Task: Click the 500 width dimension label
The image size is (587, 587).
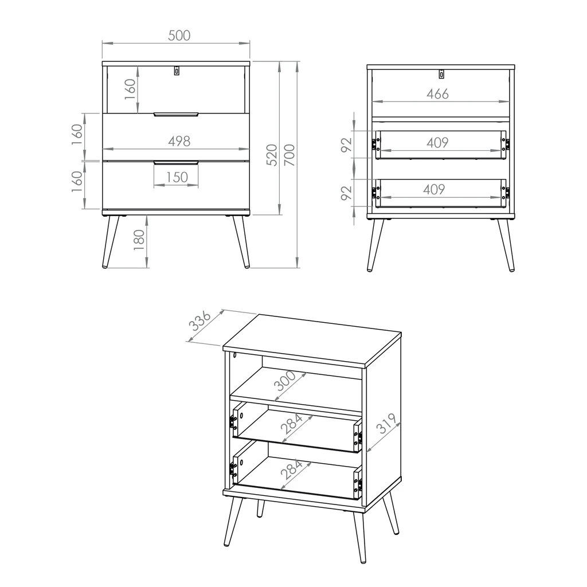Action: (179, 36)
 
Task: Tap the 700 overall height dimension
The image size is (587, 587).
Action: (289, 155)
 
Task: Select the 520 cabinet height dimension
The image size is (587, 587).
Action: (272, 155)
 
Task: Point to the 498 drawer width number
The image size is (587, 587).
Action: (179, 141)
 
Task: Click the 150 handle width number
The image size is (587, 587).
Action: (177, 177)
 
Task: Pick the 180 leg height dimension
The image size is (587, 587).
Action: (139, 240)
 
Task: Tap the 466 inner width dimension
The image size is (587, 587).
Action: (437, 94)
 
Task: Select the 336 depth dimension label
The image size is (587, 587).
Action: (201, 321)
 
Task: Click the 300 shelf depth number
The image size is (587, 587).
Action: (285, 381)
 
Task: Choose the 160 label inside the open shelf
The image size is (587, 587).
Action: (130, 89)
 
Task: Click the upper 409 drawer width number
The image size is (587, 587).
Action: (437, 143)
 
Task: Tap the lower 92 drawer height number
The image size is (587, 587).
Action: (347, 193)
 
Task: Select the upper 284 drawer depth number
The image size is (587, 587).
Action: (292, 424)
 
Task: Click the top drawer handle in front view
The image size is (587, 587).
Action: (176, 114)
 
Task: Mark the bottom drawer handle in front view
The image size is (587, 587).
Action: (176, 162)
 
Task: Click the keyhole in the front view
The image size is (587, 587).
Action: (177, 71)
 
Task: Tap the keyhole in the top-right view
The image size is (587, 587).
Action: (442, 74)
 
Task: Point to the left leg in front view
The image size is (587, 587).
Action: (111, 242)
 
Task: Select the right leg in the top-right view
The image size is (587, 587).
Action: (506, 245)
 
